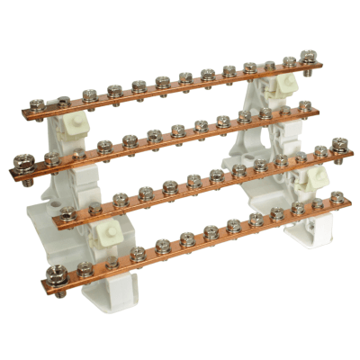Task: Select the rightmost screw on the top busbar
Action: pos(307,57)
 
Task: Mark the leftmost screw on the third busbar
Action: pos(67,213)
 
